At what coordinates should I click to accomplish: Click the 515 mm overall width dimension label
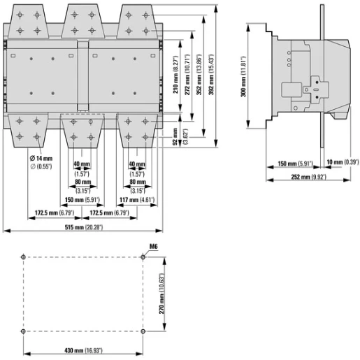click(x=84, y=227)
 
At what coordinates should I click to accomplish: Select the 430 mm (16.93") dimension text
click(x=83, y=350)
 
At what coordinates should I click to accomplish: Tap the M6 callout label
click(x=153, y=246)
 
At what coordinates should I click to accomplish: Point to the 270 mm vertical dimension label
click(x=162, y=294)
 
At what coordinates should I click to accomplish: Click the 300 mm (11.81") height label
click(x=243, y=76)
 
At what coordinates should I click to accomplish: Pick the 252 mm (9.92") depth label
click(x=309, y=177)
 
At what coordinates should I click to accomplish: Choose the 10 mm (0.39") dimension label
click(x=343, y=162)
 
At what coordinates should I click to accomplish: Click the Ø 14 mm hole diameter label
click(x=41, y=159)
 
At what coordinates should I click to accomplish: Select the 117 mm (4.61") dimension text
click(x=137, y=200)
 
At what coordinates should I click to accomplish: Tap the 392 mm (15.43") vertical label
click(x=211, y=75)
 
